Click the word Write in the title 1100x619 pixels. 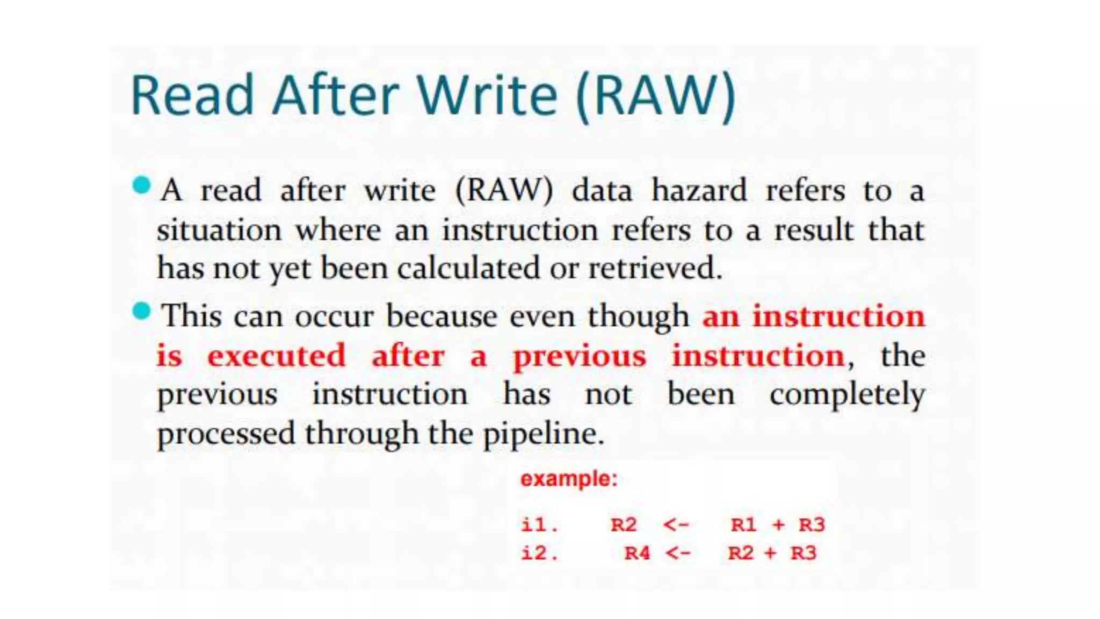click(488, 95)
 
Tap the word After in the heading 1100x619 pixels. click(336, 95)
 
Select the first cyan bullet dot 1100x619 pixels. click(142, 185)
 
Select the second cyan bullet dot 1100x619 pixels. click(142, 311)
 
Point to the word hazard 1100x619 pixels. click(699, 190)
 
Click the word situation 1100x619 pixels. click(219, 230)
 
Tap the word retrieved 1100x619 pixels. click(655, 268)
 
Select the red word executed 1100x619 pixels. click(277, 356)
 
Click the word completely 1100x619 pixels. click(847, 395)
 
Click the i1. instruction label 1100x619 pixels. click(539, 524)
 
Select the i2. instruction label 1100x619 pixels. click(539, 553)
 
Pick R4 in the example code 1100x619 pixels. click(638, 553)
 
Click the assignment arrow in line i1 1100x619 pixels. click(676, 524)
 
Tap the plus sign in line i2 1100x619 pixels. click(771, 553)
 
